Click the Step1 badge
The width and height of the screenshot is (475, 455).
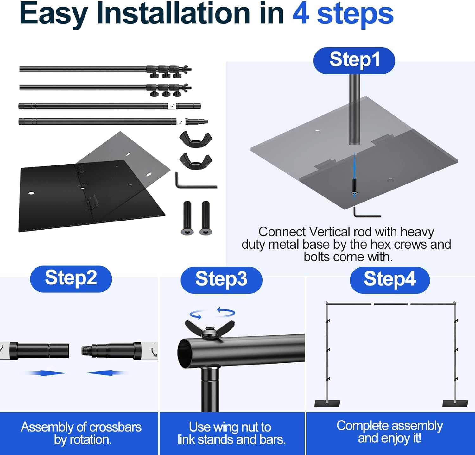(354, 61)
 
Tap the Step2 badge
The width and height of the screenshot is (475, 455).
(71, 279)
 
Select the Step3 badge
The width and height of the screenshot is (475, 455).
(221, 280)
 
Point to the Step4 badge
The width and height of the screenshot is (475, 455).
(389, 280)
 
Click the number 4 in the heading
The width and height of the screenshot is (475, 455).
(301, 13)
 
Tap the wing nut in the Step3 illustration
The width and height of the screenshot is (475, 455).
(210, 330)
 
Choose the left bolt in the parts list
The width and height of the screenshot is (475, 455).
(187, 218)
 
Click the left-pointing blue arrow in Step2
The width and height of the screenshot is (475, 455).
(105, 373)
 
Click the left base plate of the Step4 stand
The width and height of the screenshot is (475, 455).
(327, 403)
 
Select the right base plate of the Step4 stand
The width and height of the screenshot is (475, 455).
(455, 403)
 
